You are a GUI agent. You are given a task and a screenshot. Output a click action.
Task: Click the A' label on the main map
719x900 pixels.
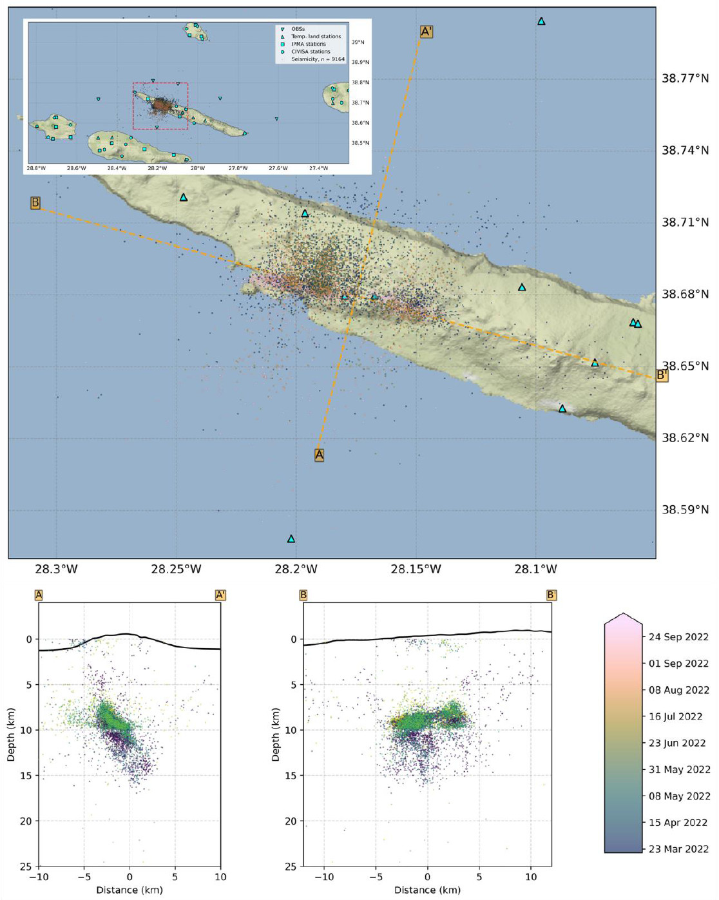coord(427,32)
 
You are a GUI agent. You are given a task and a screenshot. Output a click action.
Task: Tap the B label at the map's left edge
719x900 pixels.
coord(35,203)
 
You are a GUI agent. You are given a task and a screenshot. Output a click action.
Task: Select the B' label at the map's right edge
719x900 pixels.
coord(662,375)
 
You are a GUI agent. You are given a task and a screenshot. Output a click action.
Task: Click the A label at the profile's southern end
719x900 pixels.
coord(319,455)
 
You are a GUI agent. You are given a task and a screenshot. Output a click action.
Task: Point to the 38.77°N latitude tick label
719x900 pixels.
coord(685,79)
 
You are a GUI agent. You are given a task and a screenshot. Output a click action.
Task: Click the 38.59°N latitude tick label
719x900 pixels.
coord(685,510)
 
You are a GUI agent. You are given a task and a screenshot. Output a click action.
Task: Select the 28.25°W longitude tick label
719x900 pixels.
coord(176,570)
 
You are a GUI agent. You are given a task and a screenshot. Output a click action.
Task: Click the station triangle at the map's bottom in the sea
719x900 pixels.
coord(291,539)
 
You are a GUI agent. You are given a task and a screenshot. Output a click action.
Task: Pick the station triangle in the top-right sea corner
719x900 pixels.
coord(541,21)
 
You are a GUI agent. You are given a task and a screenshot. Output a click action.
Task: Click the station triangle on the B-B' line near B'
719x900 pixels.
coord(595,363)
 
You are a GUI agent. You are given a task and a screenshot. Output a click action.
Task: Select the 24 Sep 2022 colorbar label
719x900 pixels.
coord(678,637)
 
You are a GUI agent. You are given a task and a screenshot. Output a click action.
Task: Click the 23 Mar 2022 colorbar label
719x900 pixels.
coord(678,849)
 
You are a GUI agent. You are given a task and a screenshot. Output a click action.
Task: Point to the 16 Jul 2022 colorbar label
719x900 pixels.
coord(676,716)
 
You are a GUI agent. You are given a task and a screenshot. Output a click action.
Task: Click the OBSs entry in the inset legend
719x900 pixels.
coord(298,29)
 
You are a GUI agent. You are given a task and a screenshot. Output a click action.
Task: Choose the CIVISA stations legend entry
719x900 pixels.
coord(311,52)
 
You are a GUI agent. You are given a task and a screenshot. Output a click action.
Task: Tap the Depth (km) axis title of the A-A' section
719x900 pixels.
coord(11,734)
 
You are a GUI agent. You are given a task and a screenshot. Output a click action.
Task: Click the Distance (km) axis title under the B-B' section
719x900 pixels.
coord(427,890)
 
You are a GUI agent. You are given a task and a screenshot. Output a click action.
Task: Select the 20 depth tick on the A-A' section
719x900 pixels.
coord(26,821)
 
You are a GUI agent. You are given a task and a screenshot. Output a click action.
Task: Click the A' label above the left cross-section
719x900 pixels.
coord(220,595)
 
